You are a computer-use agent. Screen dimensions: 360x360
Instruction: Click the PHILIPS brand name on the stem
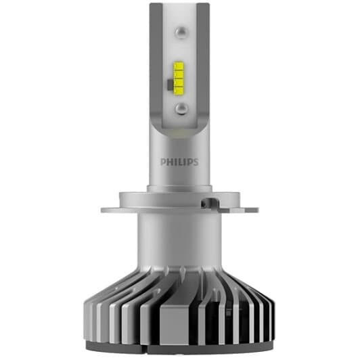(x=180, y=162)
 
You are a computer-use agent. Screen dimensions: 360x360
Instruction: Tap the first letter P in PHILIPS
(x=163, y=162)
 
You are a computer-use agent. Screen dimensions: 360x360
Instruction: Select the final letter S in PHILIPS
(x=198, y=162)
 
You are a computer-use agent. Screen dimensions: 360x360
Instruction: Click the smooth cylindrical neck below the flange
(x=180, y=240)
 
